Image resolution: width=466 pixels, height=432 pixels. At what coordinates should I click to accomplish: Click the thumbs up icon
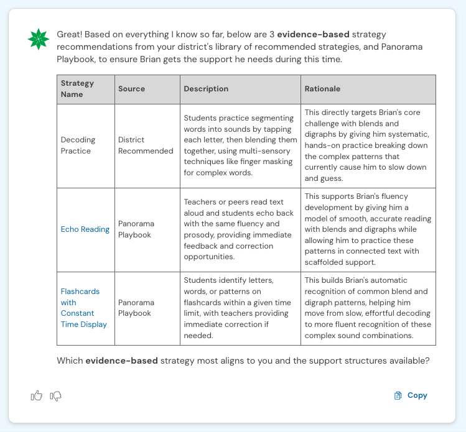click(37, 395)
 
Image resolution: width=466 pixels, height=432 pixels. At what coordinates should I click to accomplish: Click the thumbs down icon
click(56, 395)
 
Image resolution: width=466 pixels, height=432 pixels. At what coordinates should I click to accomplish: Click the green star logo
click(38, 39)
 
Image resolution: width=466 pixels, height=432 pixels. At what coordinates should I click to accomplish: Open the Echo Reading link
click(85, 229)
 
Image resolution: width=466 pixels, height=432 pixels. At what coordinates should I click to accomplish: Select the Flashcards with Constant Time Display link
click(84, 308)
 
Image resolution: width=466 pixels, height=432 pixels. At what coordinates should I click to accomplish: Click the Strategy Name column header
click(77, 89)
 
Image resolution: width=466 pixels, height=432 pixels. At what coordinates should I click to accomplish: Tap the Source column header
click(131, 89)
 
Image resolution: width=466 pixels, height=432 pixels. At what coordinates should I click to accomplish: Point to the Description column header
click(206, 89)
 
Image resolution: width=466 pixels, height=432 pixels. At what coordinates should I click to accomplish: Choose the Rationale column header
click(322, 89)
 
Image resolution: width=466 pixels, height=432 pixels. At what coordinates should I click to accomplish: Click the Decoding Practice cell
click(76, 145)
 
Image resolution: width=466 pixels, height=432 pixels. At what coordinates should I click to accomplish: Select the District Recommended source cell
click(146, 145)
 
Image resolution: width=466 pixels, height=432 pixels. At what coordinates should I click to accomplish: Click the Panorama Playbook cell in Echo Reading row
click(134, 229)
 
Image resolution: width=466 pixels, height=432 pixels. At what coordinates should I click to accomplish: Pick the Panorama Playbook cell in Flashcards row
click(134, 308)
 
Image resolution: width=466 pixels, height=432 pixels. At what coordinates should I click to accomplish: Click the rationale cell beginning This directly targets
click(367, 145)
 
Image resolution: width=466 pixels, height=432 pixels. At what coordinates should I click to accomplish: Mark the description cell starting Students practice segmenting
click(240, 145)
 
